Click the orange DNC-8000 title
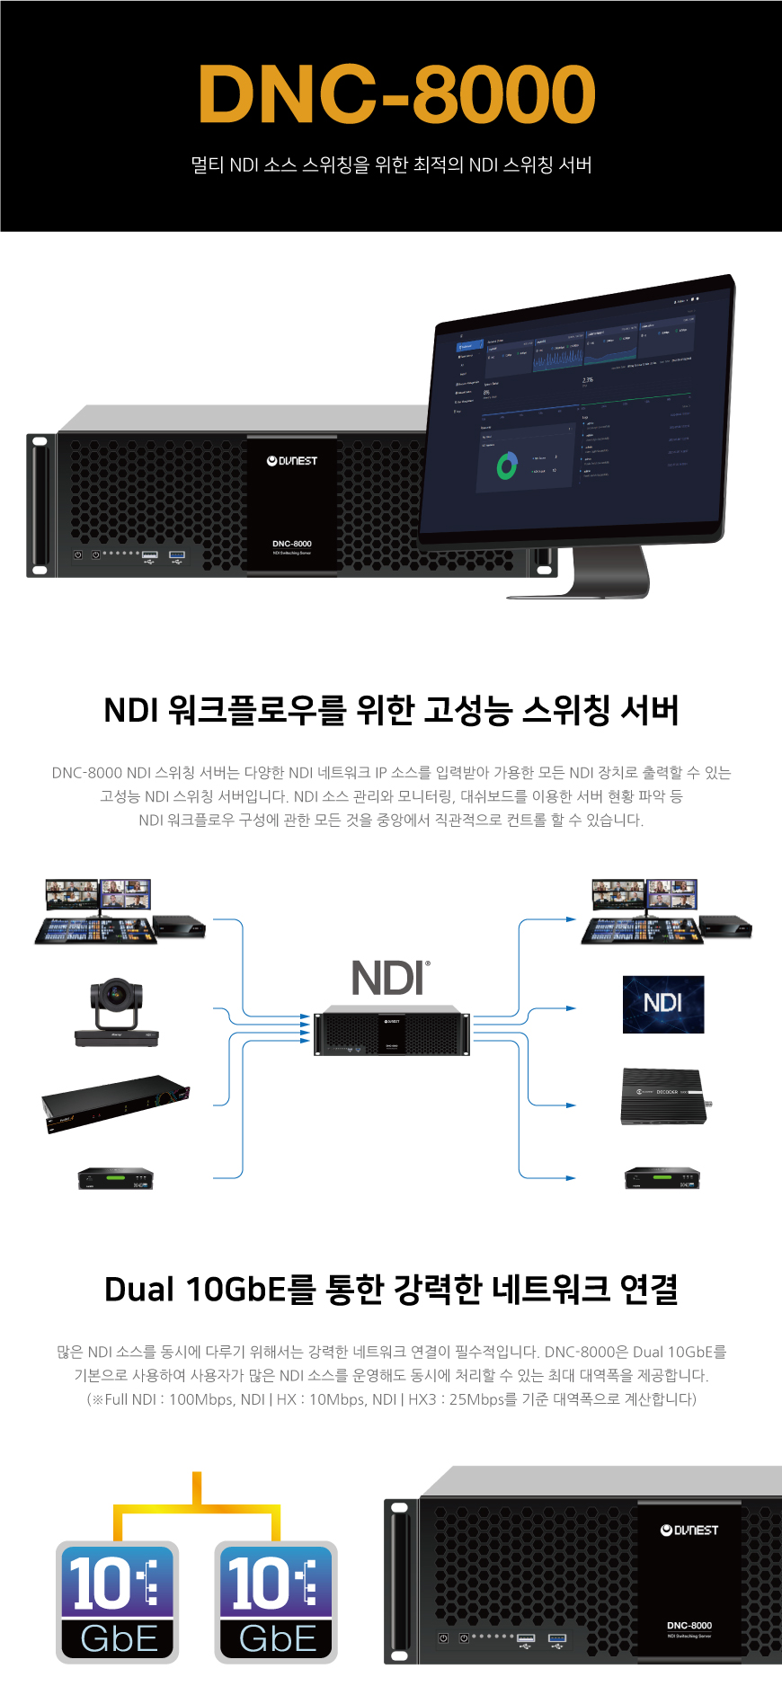(396, 95)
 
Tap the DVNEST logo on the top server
(292, 461)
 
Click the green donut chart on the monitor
(507, 466)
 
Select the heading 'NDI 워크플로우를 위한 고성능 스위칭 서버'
(391, 710)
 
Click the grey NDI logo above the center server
(390, 978)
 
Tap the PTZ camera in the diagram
(116, 1012)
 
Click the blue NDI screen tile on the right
(663, 1004)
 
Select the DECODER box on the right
(664, 1096)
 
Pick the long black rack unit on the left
(115, 1103)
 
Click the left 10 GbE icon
(118, 1602)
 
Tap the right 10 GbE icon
(276, 1602)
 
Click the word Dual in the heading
(138, 1289)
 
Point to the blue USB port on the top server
(177, 555)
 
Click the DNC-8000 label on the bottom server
(689, 1625)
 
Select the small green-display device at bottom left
(116, 1178)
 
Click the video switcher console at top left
(96, 929)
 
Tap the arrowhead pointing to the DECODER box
(571, 1105)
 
